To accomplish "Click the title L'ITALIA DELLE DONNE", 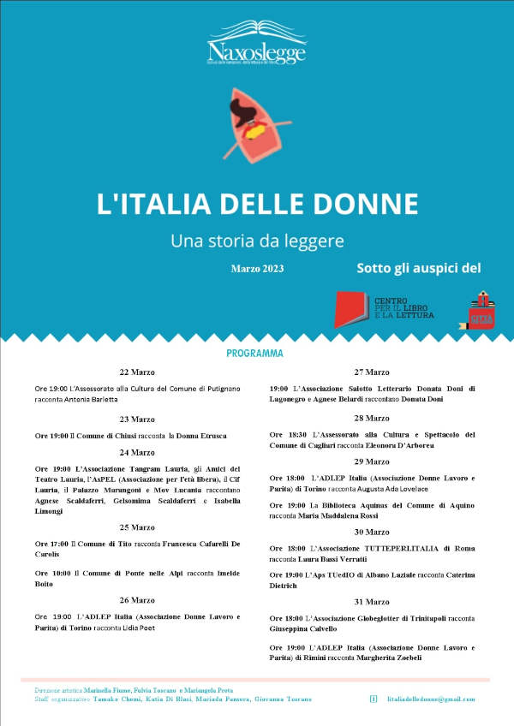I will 257,204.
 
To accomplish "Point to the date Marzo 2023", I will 257,269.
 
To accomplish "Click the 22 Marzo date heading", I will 137,372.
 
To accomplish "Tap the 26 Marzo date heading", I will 137,599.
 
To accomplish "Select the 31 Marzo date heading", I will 372,601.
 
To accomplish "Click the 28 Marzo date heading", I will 372,418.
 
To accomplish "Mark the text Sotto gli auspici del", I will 419,268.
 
